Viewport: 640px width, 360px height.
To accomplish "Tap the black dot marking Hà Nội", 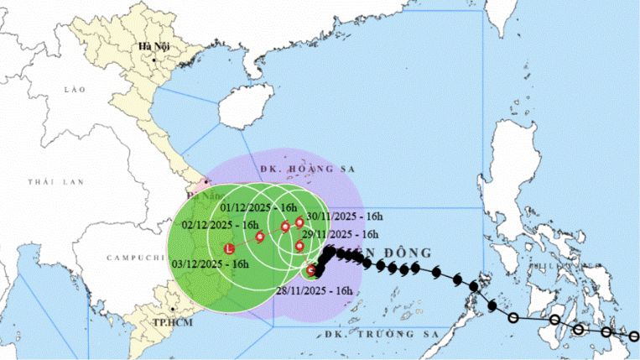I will [x=155, y=60].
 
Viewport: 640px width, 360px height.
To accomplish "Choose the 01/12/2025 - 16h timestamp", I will [x=259, y=207].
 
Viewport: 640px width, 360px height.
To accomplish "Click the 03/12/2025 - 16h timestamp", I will [x=210, y=263].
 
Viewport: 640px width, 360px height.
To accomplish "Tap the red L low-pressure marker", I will [x=229, y=248].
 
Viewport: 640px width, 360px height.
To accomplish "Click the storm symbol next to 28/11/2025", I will [x=311, y=269].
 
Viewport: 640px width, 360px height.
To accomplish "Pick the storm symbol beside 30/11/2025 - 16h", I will [x=299, y=222].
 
